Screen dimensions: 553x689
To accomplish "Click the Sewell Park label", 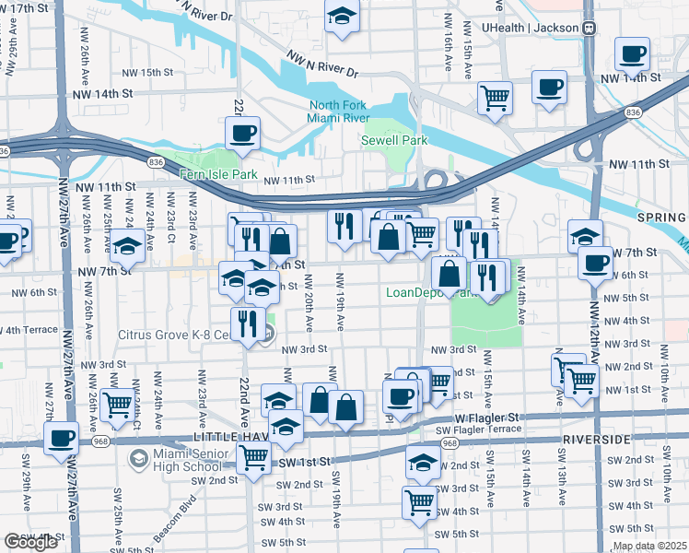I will (x=393, y=140).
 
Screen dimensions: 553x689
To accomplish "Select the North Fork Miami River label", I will (x=339, y=112).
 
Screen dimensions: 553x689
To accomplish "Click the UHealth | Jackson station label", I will (x=531, y=28).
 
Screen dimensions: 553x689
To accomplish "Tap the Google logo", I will (x=30, y=542).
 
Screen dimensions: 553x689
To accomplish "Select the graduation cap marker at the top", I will (x=343, y=16).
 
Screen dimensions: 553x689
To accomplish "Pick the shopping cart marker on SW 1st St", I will (x=253, y=456).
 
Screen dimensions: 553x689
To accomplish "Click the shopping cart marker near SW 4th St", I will (x=419, y=503).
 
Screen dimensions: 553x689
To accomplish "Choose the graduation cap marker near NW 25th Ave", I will (x=127, y=247).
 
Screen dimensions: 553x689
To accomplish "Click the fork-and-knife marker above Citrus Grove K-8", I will (x=247, y=323).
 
